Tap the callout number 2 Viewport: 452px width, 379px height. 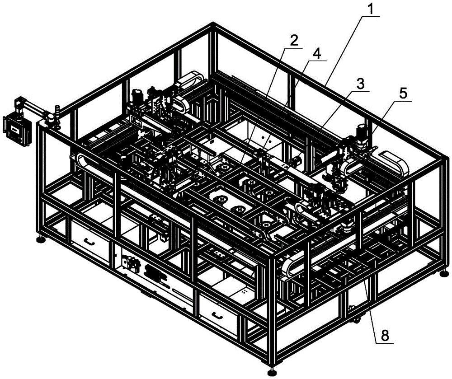click(294, 40)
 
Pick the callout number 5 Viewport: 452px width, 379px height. click(403, 94)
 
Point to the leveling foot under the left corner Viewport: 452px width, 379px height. click(42, 239)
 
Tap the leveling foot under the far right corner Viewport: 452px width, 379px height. click(445, 272)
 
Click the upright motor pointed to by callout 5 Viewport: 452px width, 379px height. click(361, 135)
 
